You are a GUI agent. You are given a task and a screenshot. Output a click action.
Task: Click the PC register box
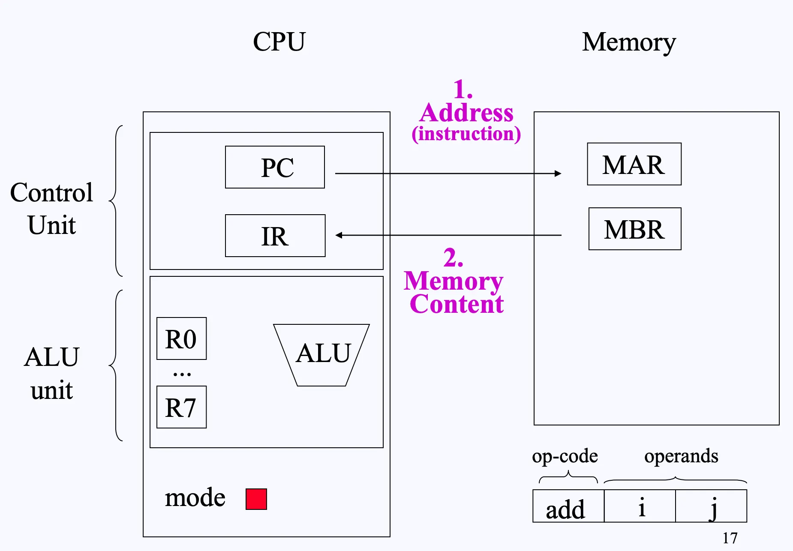pyautogui.click(x=275, y=167)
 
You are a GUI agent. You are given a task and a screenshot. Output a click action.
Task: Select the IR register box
pyautogui.click(x=275, y=236)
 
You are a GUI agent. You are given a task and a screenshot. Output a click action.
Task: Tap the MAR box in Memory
pyautogui.click(x=634, y=164)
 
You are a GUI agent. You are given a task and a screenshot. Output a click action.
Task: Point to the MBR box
pyautogui.click(x=635, y=229)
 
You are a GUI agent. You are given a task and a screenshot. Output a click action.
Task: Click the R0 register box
pyautogui.click(x=181, y=338)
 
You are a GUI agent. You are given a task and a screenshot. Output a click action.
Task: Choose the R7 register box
pyautogui.click(x=181, y=407)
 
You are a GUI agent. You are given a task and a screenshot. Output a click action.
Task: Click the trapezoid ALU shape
pyautogui.click(x=322, y=355)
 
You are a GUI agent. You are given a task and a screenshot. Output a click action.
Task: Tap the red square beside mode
pyautogui.click(x=256, y=499)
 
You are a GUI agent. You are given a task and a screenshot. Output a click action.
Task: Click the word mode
pyautogui.click(x=195, y=498)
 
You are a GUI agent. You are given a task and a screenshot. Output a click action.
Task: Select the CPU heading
pyautogui.click(x=279, y=42)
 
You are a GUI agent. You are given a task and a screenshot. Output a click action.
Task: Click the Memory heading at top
pyautogui.click(x=628, y=42)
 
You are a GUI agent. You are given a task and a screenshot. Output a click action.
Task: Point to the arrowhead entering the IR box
pyautogui.click(x=339, y=235)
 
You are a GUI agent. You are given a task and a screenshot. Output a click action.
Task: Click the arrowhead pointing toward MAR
pyautogui.click(x=558, y=174)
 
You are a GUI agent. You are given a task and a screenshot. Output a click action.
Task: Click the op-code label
pyautogui.click(x=565, y=456)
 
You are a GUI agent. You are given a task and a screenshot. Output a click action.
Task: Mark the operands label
pyautogui.click(x=681, y=456)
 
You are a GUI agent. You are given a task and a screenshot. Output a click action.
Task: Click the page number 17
pyautogui.click(x=730, y=538)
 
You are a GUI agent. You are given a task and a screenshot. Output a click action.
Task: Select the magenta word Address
pyautogui.click(x=466, y=113)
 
